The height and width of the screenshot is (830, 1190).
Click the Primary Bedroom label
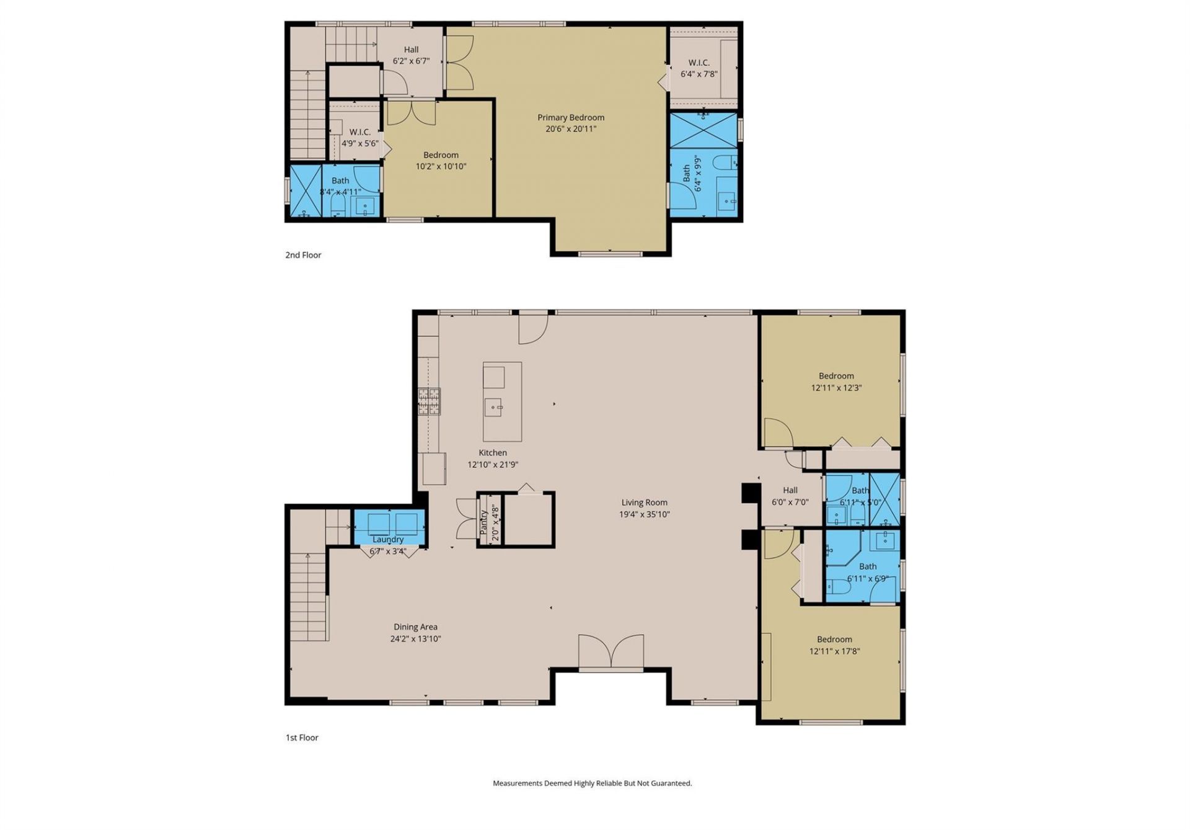tap(570, 117)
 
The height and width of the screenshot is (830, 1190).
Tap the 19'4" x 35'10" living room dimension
tap(644, 514)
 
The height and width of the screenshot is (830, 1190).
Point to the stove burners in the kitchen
tap(429, 401)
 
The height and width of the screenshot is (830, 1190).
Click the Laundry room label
tap(388, 540)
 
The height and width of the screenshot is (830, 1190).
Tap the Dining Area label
tap(415, 627)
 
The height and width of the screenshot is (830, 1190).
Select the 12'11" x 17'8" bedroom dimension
tap(834, 651)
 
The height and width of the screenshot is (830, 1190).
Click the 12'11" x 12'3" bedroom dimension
tap(836, 388)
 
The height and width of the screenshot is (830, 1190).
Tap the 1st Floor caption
tap(302, 738)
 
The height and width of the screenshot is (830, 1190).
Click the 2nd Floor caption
tap(303, 255)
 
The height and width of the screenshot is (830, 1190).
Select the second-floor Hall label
tap(411, 50)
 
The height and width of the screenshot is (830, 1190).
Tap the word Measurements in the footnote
tap(517, 783)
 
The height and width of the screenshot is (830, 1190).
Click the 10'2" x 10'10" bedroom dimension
tap(441, 166)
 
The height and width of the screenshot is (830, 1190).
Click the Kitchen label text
tap(493, 453)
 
